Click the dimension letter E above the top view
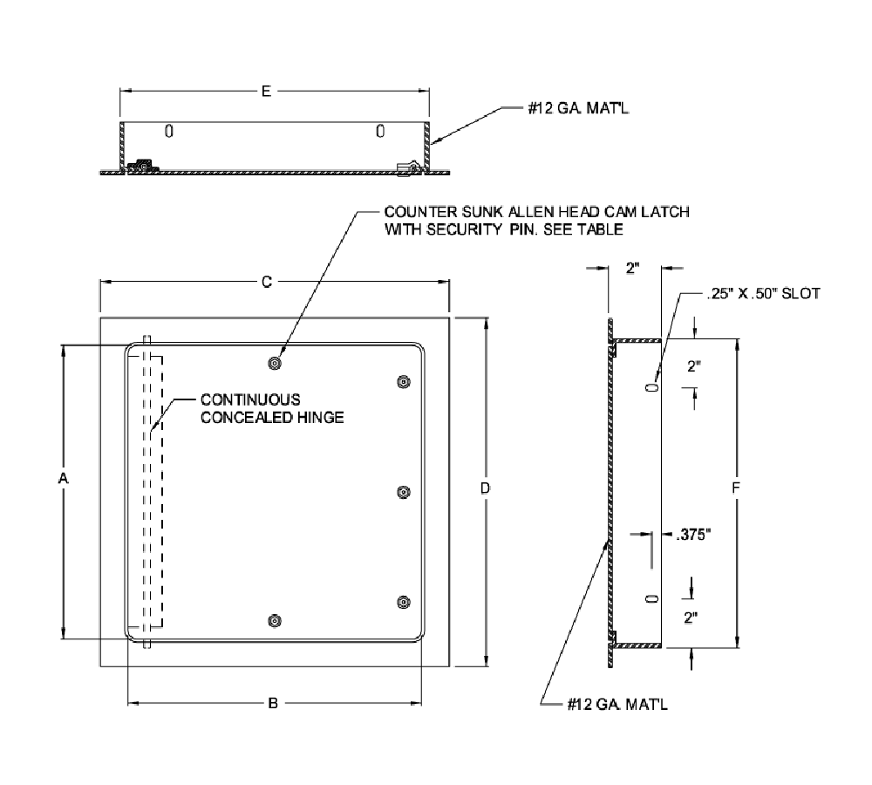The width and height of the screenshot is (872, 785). coord(266,91)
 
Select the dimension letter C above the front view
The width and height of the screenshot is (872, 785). coord(268,282)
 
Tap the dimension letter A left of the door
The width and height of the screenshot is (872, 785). coord(62,478)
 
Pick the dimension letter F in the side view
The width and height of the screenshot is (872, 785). coord(737,490)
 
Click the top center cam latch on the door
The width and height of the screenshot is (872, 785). coord(276,363)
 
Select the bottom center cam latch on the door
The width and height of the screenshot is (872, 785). coord(276,621)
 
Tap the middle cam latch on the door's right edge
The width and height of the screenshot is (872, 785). coord(402,493)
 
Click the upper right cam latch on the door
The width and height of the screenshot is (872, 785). coord(402,381)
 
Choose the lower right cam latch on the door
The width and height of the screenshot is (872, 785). coord(402,602)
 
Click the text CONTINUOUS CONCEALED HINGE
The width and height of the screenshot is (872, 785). coord(272,408)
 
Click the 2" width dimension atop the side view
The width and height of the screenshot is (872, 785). coord(634,269)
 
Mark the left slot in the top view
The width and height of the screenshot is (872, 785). coord(169,132)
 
